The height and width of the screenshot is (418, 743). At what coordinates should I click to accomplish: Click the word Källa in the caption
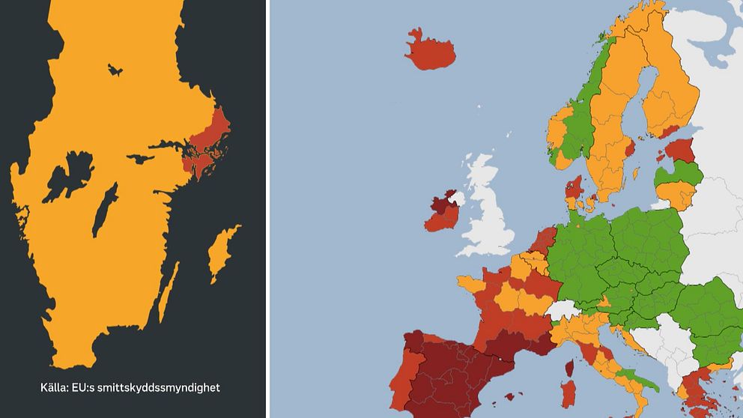[55, 388]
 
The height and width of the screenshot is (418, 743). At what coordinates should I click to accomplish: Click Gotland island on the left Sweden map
[222, 251]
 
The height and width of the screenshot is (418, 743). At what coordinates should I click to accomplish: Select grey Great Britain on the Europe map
[490, 217]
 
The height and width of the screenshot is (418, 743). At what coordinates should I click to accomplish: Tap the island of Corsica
[568, 368]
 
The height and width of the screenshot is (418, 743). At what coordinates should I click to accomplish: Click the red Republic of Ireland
[442, 217]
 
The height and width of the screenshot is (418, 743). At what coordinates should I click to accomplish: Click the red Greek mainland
[700, 382]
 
